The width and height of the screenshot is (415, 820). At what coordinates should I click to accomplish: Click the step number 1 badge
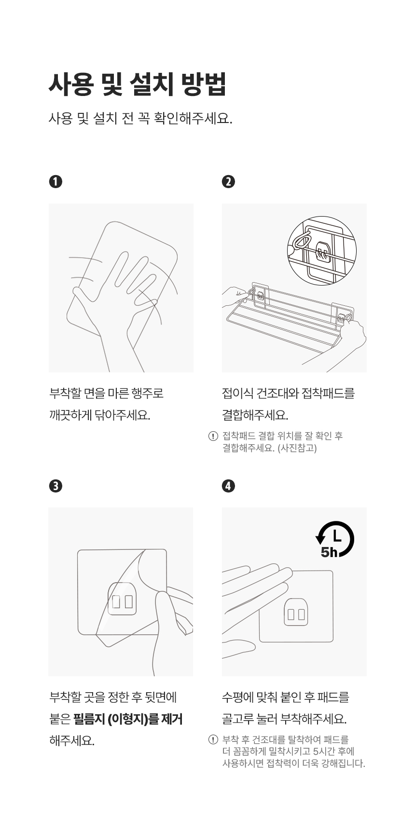55,181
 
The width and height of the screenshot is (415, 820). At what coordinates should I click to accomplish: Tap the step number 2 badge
229,181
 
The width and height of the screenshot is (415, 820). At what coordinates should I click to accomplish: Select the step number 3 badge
55,486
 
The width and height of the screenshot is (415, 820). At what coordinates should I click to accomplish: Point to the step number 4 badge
229,486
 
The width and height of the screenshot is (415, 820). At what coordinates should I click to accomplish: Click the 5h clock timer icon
335,539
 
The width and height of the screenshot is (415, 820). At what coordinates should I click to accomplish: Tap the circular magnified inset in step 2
321,251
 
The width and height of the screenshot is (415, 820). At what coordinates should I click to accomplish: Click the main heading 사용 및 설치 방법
138,84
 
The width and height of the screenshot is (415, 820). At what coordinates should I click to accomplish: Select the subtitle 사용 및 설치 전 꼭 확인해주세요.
140,118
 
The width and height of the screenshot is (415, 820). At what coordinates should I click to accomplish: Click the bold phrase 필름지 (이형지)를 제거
128,719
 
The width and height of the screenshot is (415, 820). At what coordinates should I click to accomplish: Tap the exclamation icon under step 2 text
213,436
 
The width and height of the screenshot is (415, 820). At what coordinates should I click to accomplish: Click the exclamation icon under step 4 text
213,740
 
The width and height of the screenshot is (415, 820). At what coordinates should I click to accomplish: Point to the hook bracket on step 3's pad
123,599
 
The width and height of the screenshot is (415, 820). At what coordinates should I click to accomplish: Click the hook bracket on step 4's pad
296,612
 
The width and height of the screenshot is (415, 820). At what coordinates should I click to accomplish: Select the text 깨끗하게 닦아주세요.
99,415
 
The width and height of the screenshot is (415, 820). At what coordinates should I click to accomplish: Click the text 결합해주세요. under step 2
255,415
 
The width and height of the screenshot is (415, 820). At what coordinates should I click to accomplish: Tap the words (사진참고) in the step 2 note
297,448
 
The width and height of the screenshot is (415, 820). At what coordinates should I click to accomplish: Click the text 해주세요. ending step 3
72,741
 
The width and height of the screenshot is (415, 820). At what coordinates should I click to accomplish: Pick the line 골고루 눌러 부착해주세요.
284,719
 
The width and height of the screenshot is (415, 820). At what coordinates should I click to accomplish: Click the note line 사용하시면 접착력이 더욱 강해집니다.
294,763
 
